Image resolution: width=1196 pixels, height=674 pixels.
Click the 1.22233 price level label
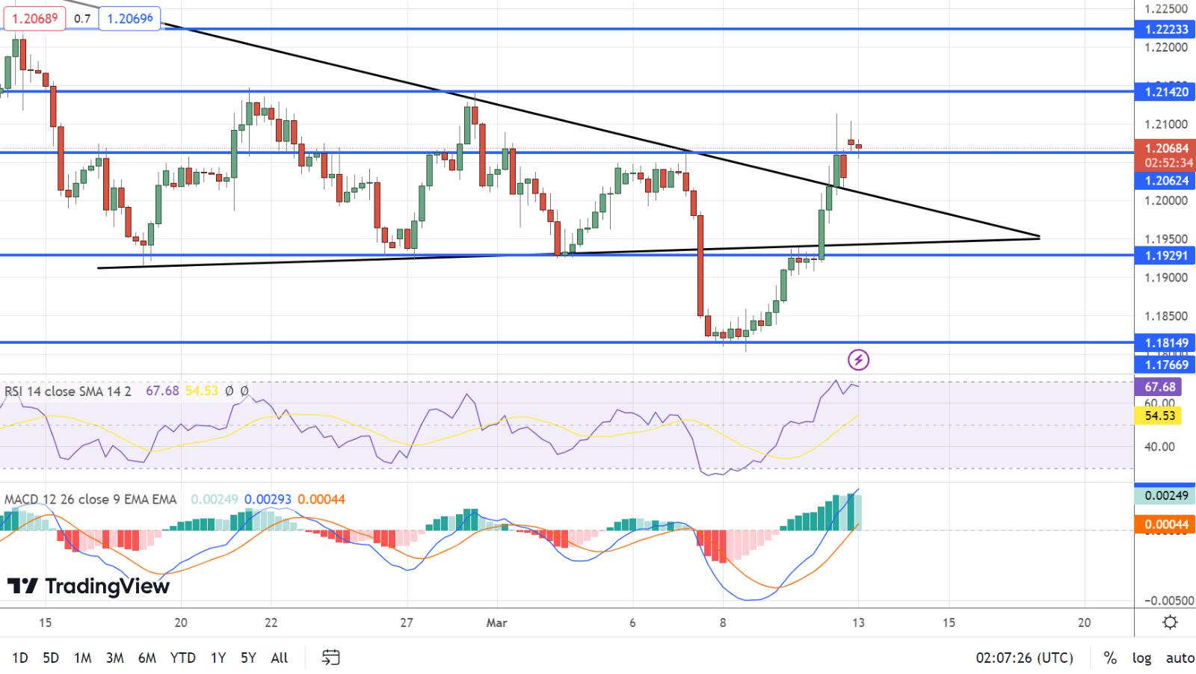click(x=1165, y=29)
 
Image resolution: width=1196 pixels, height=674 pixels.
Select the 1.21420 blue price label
click(x=1165, y=92)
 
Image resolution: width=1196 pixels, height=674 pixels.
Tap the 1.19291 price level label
click(x=1165, y=256)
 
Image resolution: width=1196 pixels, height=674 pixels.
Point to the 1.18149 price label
click(x=1165, y=343)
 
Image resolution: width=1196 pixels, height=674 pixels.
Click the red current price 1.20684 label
click(x=1165, y=149)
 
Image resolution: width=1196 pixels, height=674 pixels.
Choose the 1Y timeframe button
click(x=218, y=658)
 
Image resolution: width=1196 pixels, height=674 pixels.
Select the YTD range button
click(x=182, y=658)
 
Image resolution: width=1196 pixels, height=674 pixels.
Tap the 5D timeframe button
click(x=51, y=658)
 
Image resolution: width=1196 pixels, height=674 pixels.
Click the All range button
click(x=279, y=658)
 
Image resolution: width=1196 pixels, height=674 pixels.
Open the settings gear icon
click(x=1171, y=622)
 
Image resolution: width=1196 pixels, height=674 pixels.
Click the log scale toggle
click(x=1141, y=658)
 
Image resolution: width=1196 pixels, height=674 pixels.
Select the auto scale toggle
click(x=1180, y=658)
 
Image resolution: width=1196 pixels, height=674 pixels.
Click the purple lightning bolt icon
click(x=858, y=360)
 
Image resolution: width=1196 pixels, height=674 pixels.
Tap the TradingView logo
click(x=88, y=587)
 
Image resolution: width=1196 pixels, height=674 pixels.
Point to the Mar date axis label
click(x=496, y=622)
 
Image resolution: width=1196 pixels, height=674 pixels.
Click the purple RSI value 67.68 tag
click(x=1159, y=387)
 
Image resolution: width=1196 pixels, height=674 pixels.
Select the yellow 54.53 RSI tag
click(x=1159, y=415)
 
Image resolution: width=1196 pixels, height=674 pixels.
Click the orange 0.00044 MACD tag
click(x=1165, y=525)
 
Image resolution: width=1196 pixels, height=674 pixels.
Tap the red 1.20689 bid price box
click(x=34, y=18)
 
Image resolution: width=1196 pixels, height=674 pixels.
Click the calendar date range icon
click(x=330, y=658)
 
